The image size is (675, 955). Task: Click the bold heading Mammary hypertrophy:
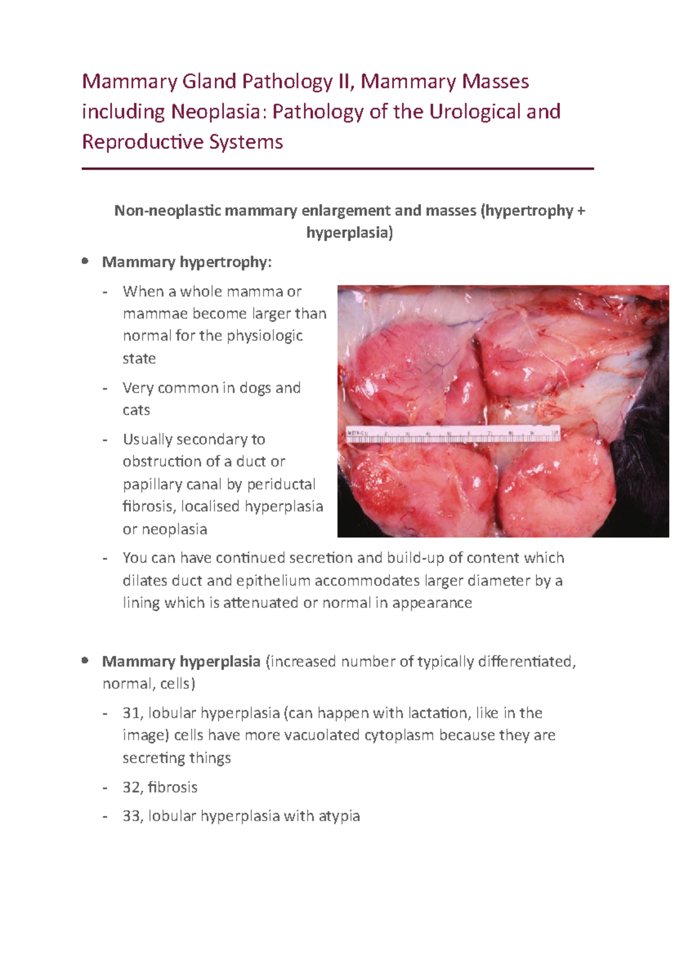tap(187, 262)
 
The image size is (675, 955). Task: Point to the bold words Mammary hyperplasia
tap(181, 661)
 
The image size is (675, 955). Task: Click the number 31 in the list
tap(131, 713)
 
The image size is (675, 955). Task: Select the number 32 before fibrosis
tap(131, 787)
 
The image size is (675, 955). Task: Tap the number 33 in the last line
tap(131, 816)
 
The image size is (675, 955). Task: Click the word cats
tap(136, 410)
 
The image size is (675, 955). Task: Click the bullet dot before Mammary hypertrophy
tap(85, 262)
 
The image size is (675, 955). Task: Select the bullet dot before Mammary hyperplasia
tap(85, 661)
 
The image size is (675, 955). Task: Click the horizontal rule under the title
tap(337, 168)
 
